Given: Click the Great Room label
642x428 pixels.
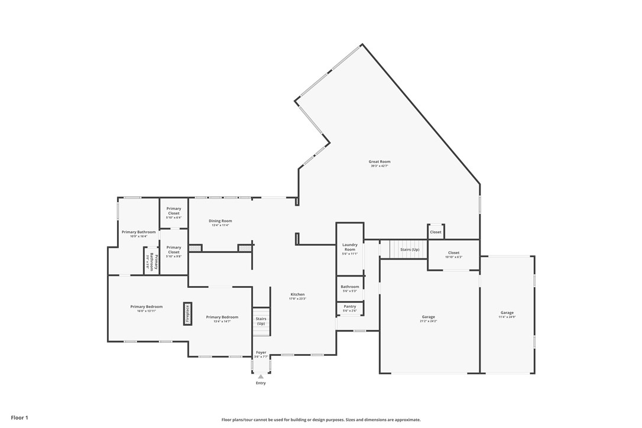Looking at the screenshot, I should click(x=380, y=161).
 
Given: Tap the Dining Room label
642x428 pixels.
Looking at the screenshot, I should click(x=220, y=221).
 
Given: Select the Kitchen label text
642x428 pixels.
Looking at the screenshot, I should click(x=297, y=294).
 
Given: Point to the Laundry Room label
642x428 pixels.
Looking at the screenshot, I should click(x=350, y=247).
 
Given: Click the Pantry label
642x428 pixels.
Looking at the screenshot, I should click(x=349, y=306).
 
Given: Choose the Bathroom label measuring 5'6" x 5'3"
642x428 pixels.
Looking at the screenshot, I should click(x=350, y=287).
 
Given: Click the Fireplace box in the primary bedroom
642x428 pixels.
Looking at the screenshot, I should click(x=188, y=314).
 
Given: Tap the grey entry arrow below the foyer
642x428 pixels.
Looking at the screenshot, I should click(x=261, y=376).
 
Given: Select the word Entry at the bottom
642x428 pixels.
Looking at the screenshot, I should click(x=261, y=383).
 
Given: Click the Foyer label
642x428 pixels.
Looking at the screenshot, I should click(x=261, y=352).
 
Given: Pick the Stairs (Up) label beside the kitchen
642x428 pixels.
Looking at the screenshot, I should click(x=261, y=321).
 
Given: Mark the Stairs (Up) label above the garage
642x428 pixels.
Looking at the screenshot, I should click(x=410, y=249).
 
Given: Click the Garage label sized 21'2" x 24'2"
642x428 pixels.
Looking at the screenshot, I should click(x=429, y=317).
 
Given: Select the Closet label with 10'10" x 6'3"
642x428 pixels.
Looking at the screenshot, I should click(x=453, y=252).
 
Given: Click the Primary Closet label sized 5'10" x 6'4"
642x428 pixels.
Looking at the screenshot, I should click(x=173, y=210).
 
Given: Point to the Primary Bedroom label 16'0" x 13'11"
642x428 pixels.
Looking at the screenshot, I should click(x=147, y=307).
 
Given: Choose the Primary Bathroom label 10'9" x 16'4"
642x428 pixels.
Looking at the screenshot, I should click(x=139, y=232).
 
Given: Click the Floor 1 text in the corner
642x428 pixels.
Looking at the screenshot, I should click(x=20, y=417).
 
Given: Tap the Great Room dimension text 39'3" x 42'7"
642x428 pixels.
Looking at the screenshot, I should click(x=380, y=166).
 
